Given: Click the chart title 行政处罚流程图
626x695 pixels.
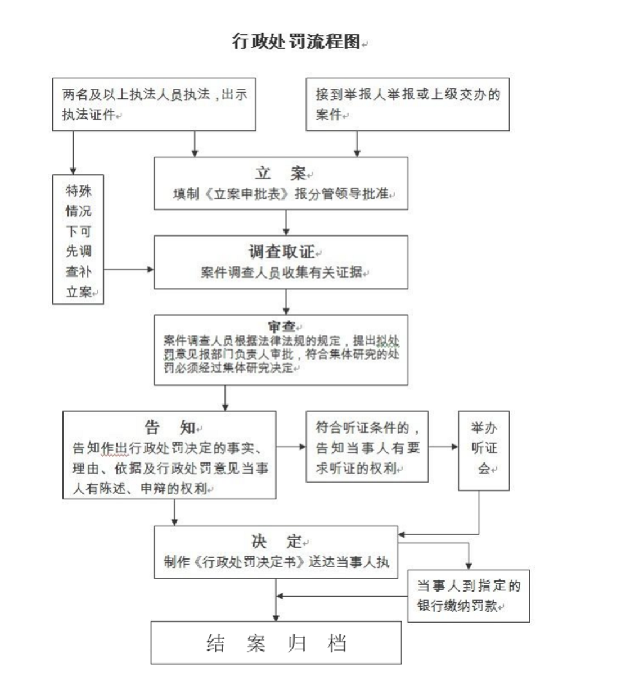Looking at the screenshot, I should click(296, 42).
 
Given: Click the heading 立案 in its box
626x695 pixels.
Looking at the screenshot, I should click(280, 173).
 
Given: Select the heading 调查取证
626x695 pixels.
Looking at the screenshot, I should click(281, 252).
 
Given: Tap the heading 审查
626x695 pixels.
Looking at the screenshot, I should click(281, 326).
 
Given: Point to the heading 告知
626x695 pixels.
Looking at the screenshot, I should click(169, 428).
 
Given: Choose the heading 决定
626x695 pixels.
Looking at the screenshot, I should click(276, 542).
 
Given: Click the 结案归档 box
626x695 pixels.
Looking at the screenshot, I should click(276, 643).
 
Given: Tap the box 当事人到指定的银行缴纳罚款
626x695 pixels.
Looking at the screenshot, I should click(468, 596).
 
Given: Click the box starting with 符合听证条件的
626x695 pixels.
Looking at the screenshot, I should click(367, 447).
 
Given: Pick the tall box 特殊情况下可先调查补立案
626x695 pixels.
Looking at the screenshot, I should click(78, 240).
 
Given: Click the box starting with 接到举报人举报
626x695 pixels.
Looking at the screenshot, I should click(407, 105).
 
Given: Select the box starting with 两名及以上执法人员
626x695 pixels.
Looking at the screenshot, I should click(154, 105).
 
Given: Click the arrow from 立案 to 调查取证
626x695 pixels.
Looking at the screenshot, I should click(286, 222).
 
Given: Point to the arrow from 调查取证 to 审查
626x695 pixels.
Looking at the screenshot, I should click(286, 302).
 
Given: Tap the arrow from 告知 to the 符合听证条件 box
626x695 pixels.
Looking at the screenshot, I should click(291, 447).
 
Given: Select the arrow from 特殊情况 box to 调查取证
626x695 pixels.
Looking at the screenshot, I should click(128, 270).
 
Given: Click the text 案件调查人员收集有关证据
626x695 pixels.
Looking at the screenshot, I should click(281, 272).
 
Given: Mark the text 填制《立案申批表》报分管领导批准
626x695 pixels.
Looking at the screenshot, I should click(281, 194).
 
